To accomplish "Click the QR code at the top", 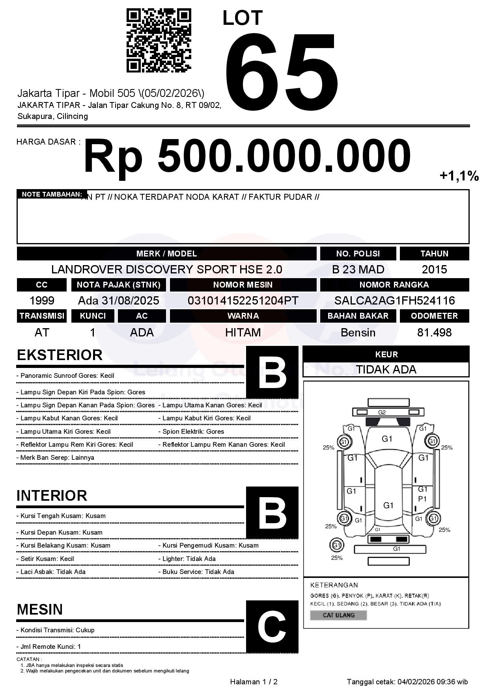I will coord(159,41).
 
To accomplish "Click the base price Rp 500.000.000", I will coord(247,156).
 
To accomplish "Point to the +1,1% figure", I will coord(459,176).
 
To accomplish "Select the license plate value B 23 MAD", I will coord(358,269).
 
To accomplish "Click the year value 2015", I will coord(434,269).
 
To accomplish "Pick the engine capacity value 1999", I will coord(42,301).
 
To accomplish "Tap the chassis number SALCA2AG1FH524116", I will coord(394,301).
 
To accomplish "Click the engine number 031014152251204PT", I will coord(243,301).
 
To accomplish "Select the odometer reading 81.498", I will coord(434,332).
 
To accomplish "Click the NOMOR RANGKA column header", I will coord(394,285).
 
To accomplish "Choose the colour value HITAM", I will coord(243,332).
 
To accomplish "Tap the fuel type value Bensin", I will coord(358,332).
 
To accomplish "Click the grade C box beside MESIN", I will coord(272,626).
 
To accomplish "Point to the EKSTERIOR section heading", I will coord(60,355).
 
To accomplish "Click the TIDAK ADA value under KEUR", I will coord(386,370).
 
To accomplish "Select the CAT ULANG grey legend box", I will coord(338,615).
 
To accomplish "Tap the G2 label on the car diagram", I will coord(382,412).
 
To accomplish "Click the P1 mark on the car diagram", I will coord(422,499).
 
